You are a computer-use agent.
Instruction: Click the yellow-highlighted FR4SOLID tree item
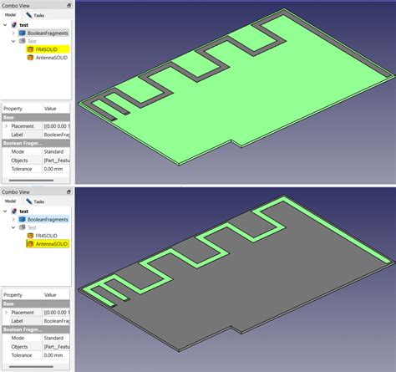pyautogui.click(x=43, y=49)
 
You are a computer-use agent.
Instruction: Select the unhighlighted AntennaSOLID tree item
pyautogui.click(x=47, y=59)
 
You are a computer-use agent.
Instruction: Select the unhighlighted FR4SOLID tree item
pyautogui.click(x=43, y=235)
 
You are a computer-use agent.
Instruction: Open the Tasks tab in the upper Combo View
pyautogui.click(x=36, y=15)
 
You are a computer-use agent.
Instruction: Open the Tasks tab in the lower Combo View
pyautogui.click(x=35, y=201)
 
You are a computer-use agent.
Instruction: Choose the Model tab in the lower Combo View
pyautogui.click(x=10, y=201)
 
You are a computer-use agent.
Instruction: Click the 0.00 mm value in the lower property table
pyautogui.click(x=55, y=355)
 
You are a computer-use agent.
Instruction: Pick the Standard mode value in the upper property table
pyautogui.click(x=56, y=150)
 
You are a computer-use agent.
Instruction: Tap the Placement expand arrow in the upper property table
pyautogui.click(x=6, y=126)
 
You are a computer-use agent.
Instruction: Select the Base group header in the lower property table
pyautogui.click(x=9, y=304)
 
